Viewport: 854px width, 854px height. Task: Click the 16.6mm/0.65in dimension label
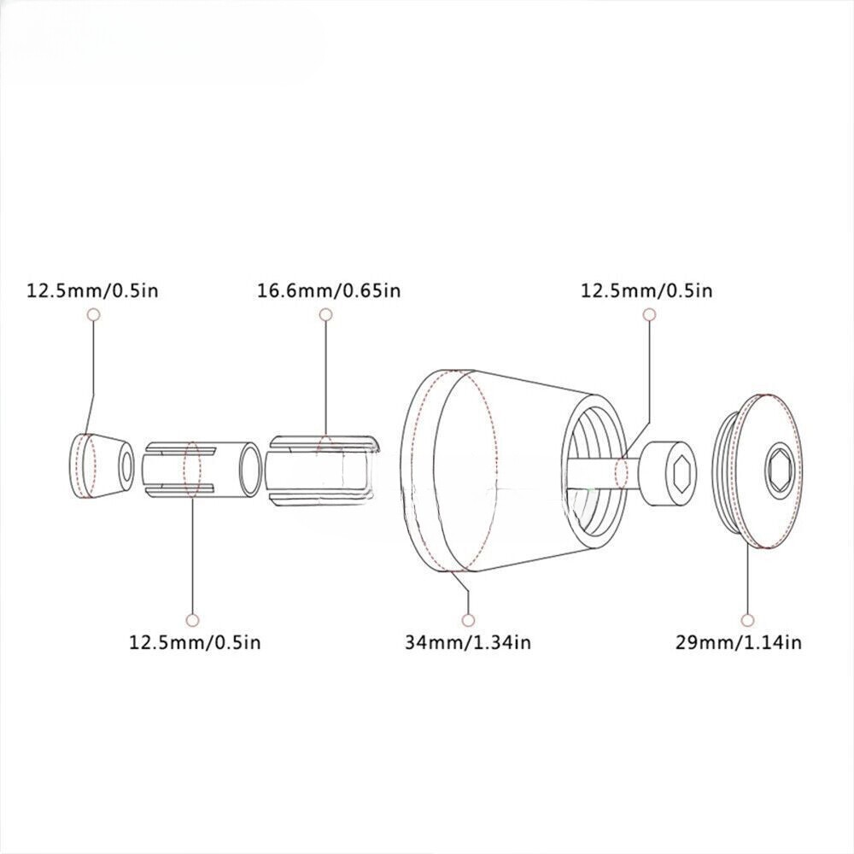click(329, 291)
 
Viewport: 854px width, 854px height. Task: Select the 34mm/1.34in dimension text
click(468, 643)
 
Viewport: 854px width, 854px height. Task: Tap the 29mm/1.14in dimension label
click(739, 643)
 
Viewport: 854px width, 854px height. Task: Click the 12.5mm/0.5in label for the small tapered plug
click(92, 291)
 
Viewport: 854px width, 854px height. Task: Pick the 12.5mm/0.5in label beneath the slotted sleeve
click(195, 643)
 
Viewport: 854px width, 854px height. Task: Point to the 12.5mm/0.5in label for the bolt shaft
click(646, 291)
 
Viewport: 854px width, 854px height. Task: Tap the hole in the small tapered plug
click(126, 466)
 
